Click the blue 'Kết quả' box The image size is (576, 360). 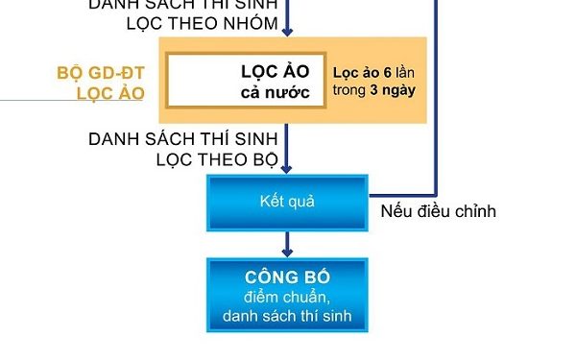click(x=287, y=203)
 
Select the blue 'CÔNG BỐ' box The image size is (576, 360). click(x=287, y=295)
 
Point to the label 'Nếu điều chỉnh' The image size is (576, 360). click(x=438, y=211)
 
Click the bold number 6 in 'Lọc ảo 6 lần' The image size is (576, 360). click(x=389, y=73)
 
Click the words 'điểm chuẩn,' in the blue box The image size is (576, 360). click(x=287, y=296)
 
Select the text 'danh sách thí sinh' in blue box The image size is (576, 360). click(x=287, y=315)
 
